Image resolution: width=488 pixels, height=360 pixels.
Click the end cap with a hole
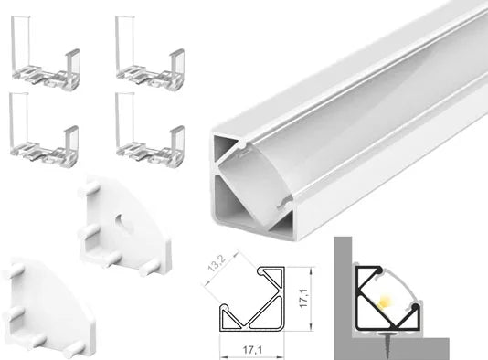pyautogui.click(x=124, y=230)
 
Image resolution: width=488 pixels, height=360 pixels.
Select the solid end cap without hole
pyautogui.click(x=48, y=308)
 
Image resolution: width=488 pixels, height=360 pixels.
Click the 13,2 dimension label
pyautogui.click(x=217, y=263)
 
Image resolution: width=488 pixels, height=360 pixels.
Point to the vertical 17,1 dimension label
pyautogui.click(x=303, y=298)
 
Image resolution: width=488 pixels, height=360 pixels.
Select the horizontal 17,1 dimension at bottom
pyautogui.click(x=252, y=350)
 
